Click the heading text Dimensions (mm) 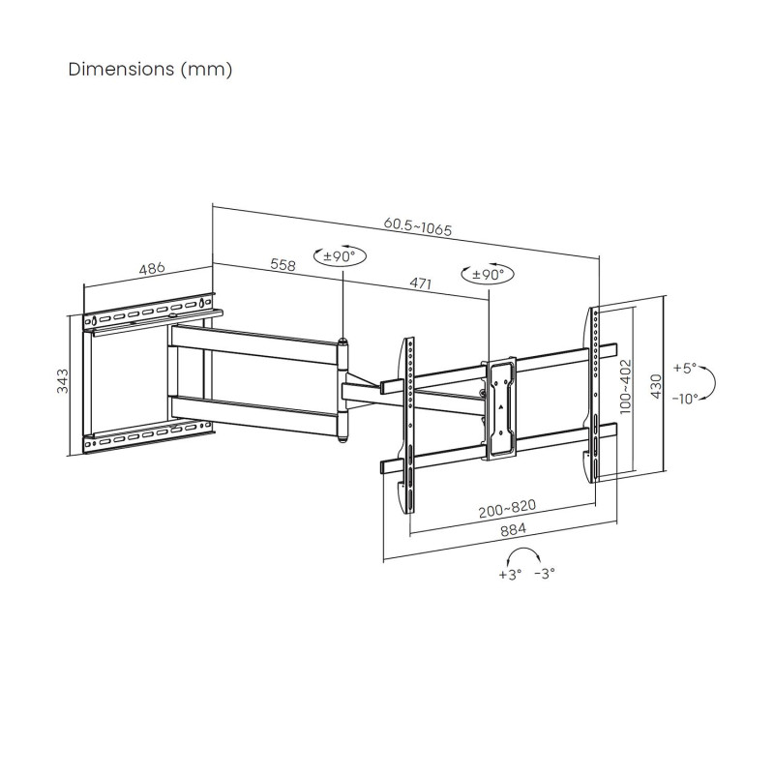(150, 70)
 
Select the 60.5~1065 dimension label (418, 226)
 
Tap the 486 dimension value (152, 269)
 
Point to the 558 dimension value (283, 264)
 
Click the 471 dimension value (421, 283)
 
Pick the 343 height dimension (63, 380)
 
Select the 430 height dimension (656, 386)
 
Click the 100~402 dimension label (625, 386)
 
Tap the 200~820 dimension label (507, 508)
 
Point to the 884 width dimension (514, 529)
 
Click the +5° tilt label (685, 368)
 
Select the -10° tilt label (686, 398)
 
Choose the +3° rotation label (510, 575)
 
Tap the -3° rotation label (545, 574)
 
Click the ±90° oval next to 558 (341, 256)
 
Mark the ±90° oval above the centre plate (488, 274)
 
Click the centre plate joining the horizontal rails (499, 408)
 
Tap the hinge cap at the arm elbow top (342, 342)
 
